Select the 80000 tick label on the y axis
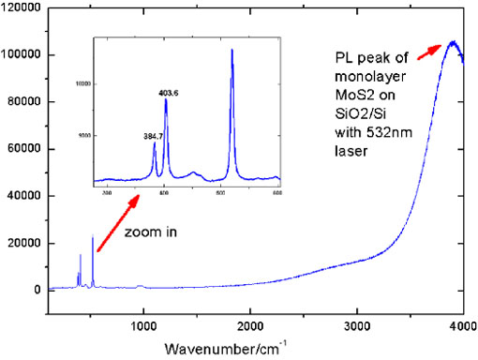point(22,102)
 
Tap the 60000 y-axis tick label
point(22,149)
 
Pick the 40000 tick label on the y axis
point(22,196)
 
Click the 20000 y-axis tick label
point(22,243)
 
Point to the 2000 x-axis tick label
point(250,324)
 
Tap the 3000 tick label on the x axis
point(357,324)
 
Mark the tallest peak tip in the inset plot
point(232,50)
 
